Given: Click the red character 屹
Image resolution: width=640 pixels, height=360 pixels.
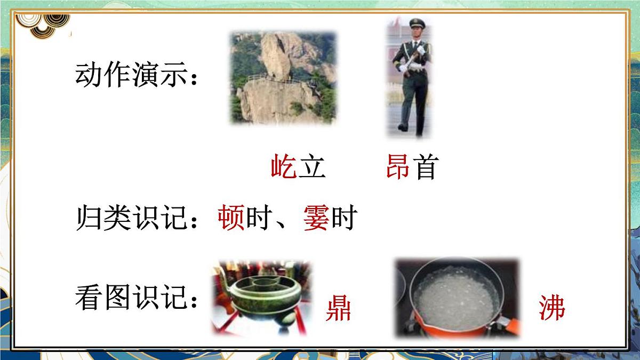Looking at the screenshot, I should coord(284,167).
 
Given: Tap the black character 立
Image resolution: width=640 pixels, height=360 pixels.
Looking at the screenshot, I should coord(311,167).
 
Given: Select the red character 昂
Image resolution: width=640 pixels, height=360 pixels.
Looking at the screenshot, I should coord(398,167).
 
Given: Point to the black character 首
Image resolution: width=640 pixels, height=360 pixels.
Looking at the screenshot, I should coord(425,167).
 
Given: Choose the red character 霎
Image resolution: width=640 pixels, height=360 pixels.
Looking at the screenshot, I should coord(316,219).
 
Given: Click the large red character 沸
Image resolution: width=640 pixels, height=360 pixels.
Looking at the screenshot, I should coord(551,308).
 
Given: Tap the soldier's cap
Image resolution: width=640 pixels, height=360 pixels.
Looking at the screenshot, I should coord(415,22).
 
